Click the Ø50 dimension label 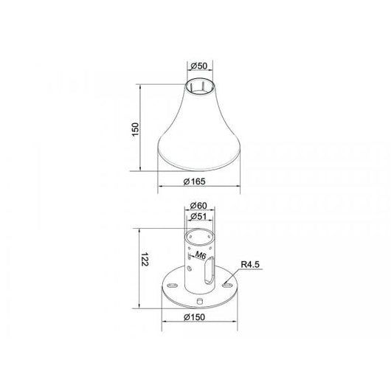(198, 66)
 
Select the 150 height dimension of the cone (135, 129)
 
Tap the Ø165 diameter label (195, 181)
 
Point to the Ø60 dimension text (198, 206)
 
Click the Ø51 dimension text (198, 217)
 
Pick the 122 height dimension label (145, 260)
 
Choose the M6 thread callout (200, 255)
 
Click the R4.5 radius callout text (250, 265)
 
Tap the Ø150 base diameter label (195, 317)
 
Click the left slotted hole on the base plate (172, 286)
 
